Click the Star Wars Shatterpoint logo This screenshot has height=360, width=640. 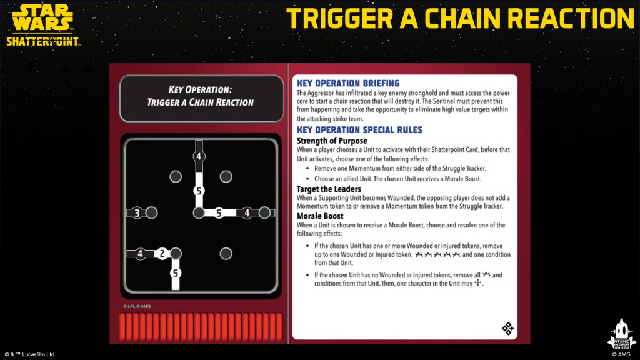[43, 25]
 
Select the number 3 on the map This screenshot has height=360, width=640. [137, 212]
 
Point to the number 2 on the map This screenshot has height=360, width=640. [162, 254]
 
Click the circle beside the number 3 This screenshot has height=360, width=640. [151, 212]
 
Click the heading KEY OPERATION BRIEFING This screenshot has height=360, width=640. [348, 83]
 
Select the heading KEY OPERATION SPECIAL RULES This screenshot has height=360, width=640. [359, 130]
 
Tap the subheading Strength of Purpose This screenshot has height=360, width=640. [332, 141]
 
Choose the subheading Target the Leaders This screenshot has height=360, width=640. [329, 189]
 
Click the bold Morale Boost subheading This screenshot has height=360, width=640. [320, 216]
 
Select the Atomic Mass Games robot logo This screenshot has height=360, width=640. [622, 334]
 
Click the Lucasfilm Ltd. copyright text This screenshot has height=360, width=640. [30, 354]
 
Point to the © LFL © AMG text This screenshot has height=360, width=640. [137, 306]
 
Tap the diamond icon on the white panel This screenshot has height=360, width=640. [507, 328]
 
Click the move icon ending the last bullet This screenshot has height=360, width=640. [477, 283]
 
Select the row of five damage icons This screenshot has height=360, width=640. [437, 255]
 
